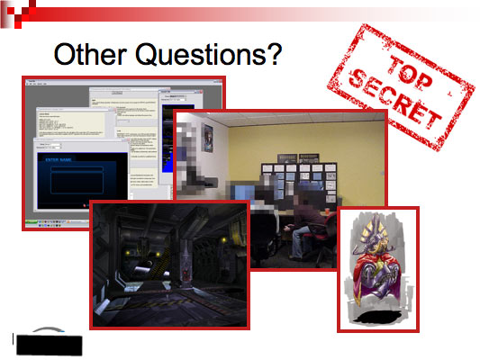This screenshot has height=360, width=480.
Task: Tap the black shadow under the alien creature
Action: pyautogui.click(x=377, y=318)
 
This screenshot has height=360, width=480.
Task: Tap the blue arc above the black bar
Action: pyautogui.click(x=41, y=330)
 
